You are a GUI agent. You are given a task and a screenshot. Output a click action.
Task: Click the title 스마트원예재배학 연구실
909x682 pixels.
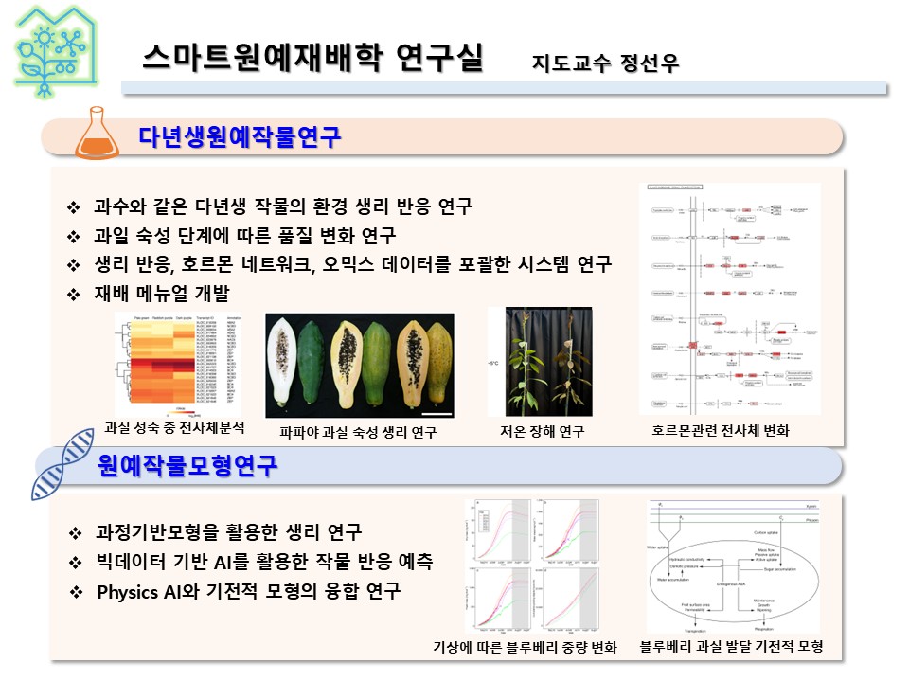[312, 58]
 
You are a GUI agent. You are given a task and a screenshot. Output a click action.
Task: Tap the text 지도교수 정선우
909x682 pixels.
[606, 64]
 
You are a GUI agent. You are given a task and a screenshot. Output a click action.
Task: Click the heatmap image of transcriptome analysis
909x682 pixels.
[177, 364]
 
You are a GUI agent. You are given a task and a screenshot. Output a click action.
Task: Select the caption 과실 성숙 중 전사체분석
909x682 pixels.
[174, 428]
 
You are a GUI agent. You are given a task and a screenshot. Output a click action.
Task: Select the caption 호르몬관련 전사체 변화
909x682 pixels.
[722, 431]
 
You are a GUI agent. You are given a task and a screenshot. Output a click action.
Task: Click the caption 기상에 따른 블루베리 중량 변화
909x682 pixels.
[525, 648]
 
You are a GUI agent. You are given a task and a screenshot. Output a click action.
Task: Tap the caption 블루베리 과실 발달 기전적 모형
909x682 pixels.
[731, 647]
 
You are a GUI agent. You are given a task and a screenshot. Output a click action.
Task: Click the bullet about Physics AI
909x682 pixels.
[248, 592]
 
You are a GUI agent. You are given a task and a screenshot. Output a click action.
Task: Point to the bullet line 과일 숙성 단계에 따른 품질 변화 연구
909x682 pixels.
[244, 235]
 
